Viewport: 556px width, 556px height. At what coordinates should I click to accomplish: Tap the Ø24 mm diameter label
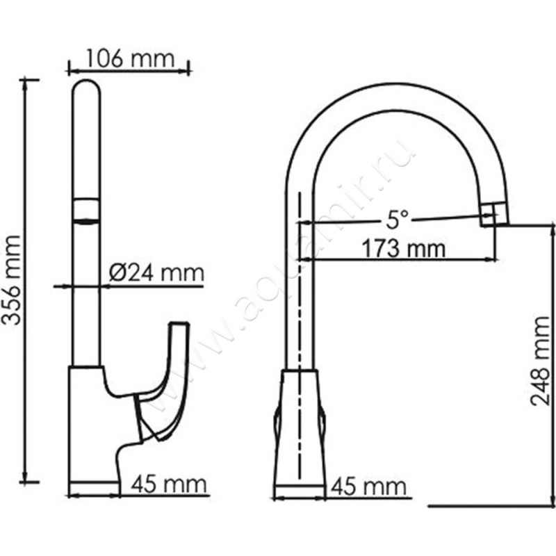coord(156,273)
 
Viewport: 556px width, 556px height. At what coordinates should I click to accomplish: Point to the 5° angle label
coord(397,221)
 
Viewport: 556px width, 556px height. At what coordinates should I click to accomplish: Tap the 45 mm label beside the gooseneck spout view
coord(368,484)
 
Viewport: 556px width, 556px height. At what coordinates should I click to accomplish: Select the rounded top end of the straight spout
coord(87,90)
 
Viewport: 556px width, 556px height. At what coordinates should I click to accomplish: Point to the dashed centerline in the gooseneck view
coord(300,313)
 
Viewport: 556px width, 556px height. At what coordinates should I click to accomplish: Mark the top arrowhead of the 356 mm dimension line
coord(28,82)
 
